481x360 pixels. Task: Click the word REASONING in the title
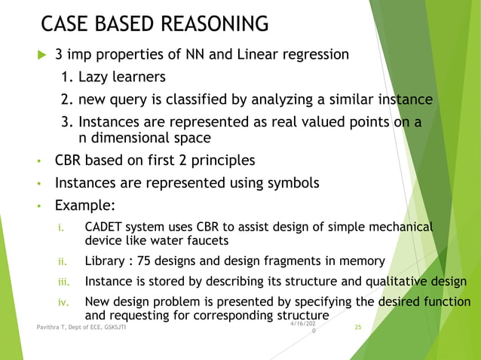204,25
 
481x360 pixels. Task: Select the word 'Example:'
85,206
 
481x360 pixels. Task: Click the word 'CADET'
106,227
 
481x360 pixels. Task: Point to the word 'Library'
105,261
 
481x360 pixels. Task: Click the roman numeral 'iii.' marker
64,282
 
